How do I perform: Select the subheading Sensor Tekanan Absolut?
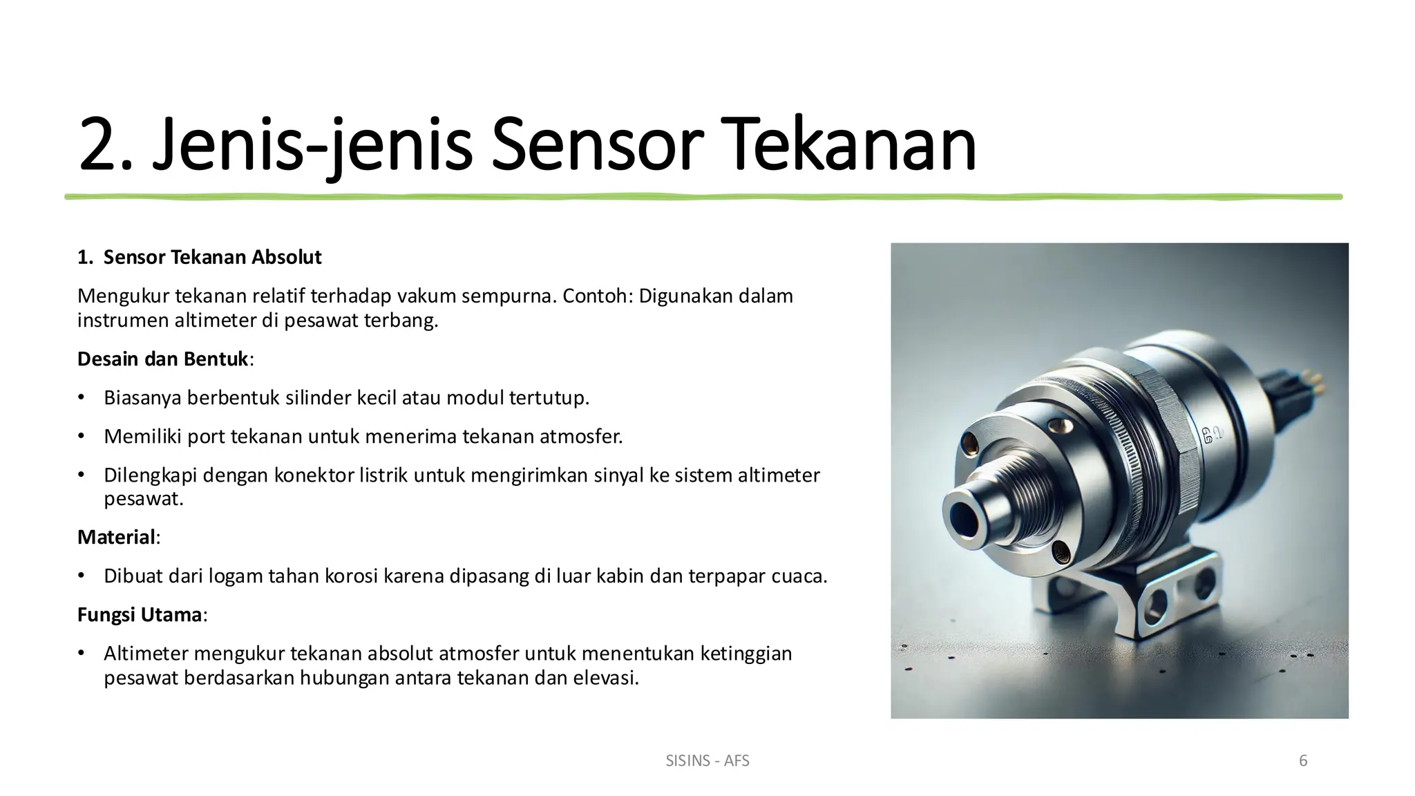pos(212,258)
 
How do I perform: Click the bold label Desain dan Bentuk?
pos(162,359)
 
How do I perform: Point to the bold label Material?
pos(116,537)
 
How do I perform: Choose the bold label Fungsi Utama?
pos(139,614)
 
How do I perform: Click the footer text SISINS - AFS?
pos(707,761)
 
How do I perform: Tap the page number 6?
pos(1303,761)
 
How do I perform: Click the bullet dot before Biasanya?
pos(81,398)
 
